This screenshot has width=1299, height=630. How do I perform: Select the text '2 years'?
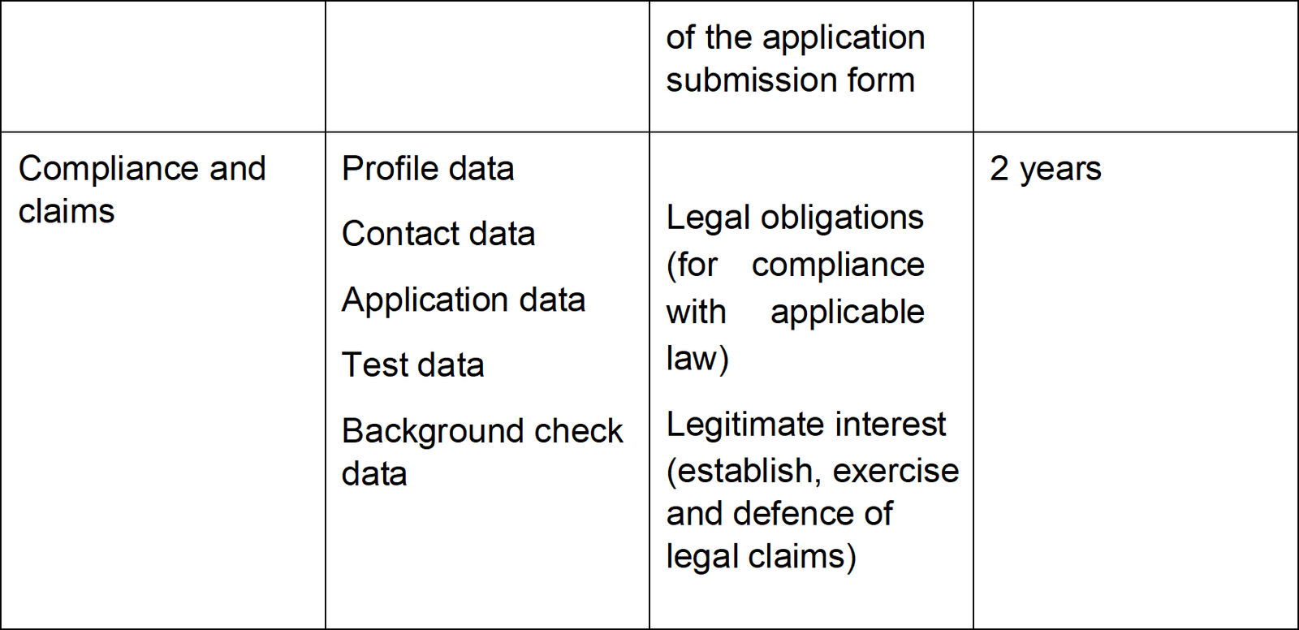[x=1045, y=170]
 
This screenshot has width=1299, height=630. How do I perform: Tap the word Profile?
[x=390, y=170]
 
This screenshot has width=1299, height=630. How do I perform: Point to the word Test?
[x=374, y=365]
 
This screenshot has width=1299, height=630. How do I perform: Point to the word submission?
[x=750, y=80]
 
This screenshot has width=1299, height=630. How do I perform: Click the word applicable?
[x=848, y=313]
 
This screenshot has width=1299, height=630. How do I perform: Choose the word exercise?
[x=895, y=470]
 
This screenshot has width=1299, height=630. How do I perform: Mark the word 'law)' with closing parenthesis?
[x=697, y=359]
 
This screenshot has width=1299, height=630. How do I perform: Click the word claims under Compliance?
[x=66, y=210]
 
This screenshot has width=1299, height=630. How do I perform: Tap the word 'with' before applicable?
[x=696, y=312]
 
